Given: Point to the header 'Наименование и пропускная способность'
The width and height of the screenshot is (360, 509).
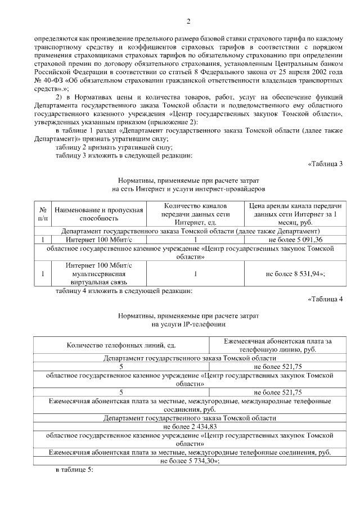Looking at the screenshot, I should [99, 213].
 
